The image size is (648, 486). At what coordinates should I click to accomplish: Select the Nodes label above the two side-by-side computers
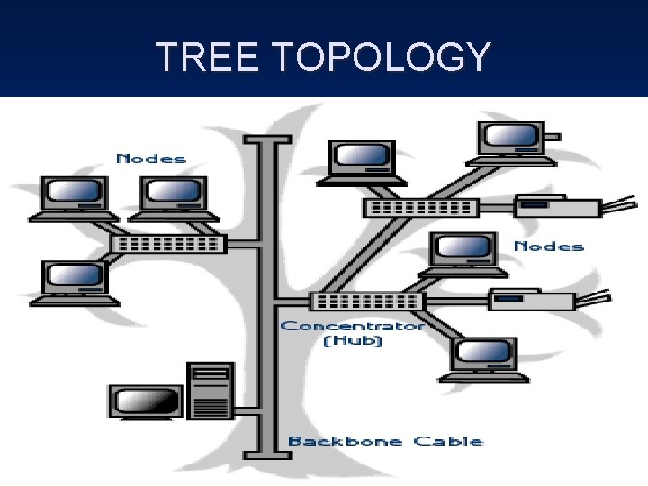click(x=151, y=158)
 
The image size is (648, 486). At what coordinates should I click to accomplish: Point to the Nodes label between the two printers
click(x=548, y=246)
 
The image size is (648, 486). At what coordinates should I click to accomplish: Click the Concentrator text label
click(x=352, y=325)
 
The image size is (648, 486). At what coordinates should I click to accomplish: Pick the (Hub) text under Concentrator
click(x=352, y=341)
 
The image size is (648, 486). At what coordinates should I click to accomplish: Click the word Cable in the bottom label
click(x=448, y=441)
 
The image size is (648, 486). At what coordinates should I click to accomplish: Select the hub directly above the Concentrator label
click(x=366, y=301)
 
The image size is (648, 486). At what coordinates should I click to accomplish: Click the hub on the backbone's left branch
click(x=167, y=244)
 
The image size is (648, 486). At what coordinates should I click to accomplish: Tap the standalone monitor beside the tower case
click(x=146, y=401)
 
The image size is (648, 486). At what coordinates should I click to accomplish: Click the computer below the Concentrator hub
click(x=483, y=359)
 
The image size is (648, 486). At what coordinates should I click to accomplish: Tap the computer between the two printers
click(x=463, y=253)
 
